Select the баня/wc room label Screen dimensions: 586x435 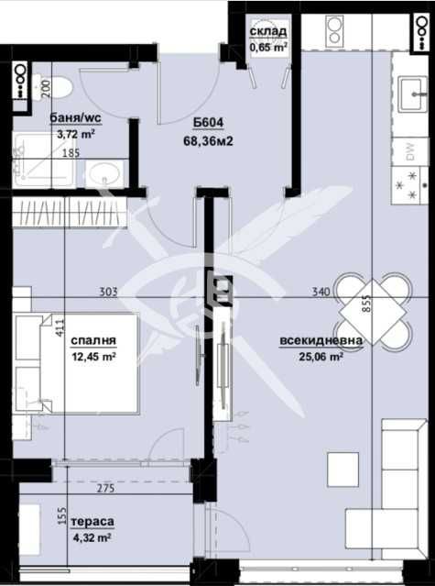77,118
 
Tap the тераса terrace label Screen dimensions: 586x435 95,522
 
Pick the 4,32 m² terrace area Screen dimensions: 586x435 95,537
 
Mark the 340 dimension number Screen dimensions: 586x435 320,293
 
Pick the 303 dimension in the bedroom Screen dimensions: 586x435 108,293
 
